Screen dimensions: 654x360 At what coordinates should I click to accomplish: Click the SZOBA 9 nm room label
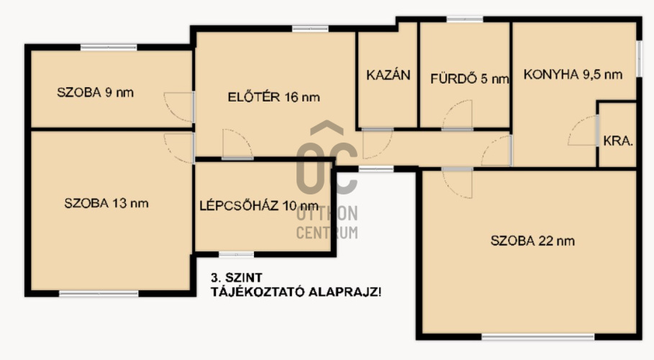(x=95, y=92)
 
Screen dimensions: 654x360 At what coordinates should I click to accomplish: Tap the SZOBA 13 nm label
(x=106, y=203)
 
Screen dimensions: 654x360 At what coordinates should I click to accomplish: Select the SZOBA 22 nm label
(x=532, y=240)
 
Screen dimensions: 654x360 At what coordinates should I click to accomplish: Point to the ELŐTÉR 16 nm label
(x=273, y=97)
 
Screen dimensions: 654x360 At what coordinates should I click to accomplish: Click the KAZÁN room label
(x=389, y=75)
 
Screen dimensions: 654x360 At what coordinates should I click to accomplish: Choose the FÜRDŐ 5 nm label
(x=470, y=78)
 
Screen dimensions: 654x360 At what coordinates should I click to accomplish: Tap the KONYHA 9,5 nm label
(x=573, y=74)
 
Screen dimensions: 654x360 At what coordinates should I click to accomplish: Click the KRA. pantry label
(x=618, y=141)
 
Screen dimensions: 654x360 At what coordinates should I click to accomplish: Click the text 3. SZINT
(x=237, y=278)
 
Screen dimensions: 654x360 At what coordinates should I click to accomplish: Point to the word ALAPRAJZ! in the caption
(x=345, y=292)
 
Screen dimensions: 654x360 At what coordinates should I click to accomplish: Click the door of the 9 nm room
(x=179, y=107)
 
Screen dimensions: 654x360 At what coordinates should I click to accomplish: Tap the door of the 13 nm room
(x=179, y=148)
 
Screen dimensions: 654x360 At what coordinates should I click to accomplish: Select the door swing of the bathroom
(x=457, y=115)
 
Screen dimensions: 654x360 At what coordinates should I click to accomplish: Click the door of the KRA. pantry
(x=583, y=130)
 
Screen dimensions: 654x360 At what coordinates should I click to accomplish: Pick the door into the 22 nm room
(x=457, y=182)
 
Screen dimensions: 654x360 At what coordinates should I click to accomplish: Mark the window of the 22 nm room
(x=538, y=337)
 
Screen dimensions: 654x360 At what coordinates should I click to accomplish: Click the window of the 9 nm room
(x=109, y=48)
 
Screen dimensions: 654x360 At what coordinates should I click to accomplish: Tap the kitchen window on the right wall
(x=639, y=58)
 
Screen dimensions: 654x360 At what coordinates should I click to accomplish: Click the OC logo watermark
(x=327, y=158)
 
